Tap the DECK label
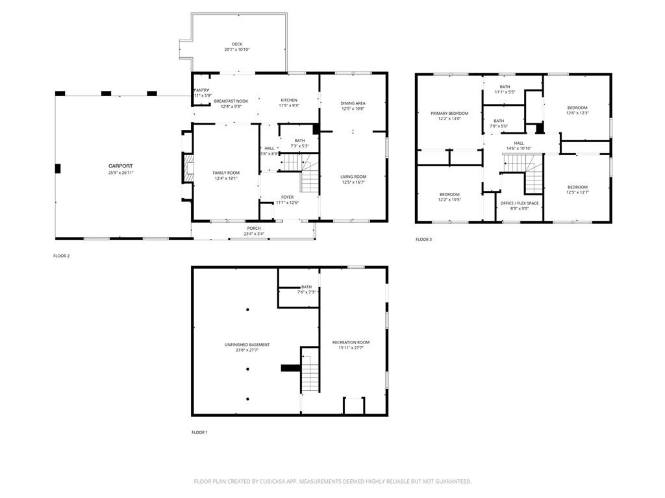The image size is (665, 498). click(x=237, y=44)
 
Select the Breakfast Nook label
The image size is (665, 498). click(x=231, y=101)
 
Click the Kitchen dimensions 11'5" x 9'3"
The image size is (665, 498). click(x=289, y=106)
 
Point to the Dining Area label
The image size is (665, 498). click(x=353, y=103)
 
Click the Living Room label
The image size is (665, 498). click(x=353, y=177)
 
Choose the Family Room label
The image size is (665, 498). click(x=226, y=173)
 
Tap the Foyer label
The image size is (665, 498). click(x=287, y=197)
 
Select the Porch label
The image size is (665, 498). click(x=253, y=228)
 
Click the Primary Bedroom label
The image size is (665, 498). click(x=449, y=113)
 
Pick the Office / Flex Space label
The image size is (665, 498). click(x=519, y=203)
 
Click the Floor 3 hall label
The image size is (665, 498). click(x=519, y=143)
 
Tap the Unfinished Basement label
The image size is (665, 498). click(x=247, y=345)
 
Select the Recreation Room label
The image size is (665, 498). click(x=351, y=342)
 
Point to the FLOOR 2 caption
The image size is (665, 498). click(x=61, y=256)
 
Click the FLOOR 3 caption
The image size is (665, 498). click(x=423, y=240)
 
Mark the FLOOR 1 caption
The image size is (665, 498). click(x=199, y=432)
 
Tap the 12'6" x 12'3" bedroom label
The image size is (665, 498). click(x=577, y=108)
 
